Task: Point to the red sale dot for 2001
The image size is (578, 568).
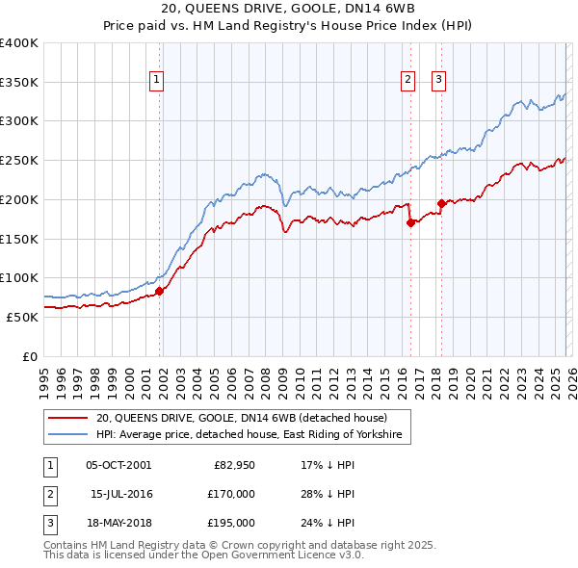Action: [x=159, y=291]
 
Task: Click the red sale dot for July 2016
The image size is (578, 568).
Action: [x=410, y=222]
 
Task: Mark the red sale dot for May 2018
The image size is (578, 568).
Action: [x=441, y=203]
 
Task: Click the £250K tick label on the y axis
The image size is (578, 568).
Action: [x=18, y=160]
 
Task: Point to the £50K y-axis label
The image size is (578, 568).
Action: [x=21, y=317]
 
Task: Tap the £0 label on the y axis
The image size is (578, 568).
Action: [x=29, y=356]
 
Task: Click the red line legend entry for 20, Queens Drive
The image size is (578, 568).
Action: [x=241, y=418]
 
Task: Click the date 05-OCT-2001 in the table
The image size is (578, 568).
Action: [x=118, y=465]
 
